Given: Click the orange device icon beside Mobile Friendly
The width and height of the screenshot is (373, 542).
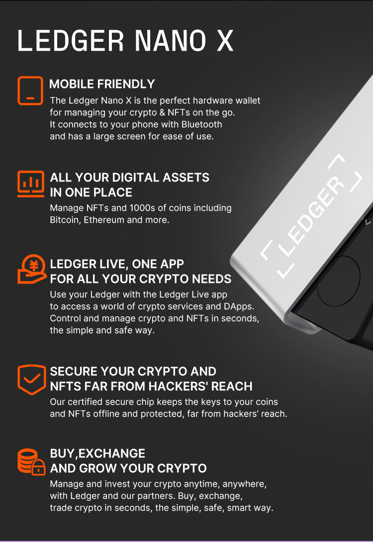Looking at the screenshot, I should coord(30,90).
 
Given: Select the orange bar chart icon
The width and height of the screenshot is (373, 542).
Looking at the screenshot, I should coord(30,182).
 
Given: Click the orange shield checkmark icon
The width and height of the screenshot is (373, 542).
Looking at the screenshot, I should coord(31,379).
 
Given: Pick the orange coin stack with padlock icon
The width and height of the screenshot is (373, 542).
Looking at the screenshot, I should coord(31,461).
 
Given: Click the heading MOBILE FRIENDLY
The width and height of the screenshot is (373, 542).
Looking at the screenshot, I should coord(102,84).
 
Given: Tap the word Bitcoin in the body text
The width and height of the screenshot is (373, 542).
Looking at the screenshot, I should coord(64,219).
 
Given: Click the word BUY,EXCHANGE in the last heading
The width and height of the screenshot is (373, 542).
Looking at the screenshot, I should coord(97,453).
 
